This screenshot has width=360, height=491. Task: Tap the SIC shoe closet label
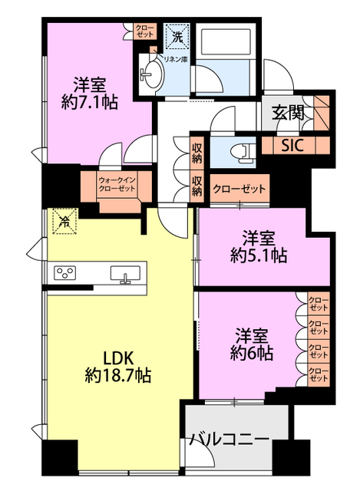pyautogui.click(x=291, y=145)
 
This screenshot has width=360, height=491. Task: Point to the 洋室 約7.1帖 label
pyautogui.click(x=90, y=91)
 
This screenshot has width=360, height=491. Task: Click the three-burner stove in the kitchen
pyautogui.click(x=65, y=274)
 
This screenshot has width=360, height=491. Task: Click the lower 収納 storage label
pyautogui.click(x=197, y=186)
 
